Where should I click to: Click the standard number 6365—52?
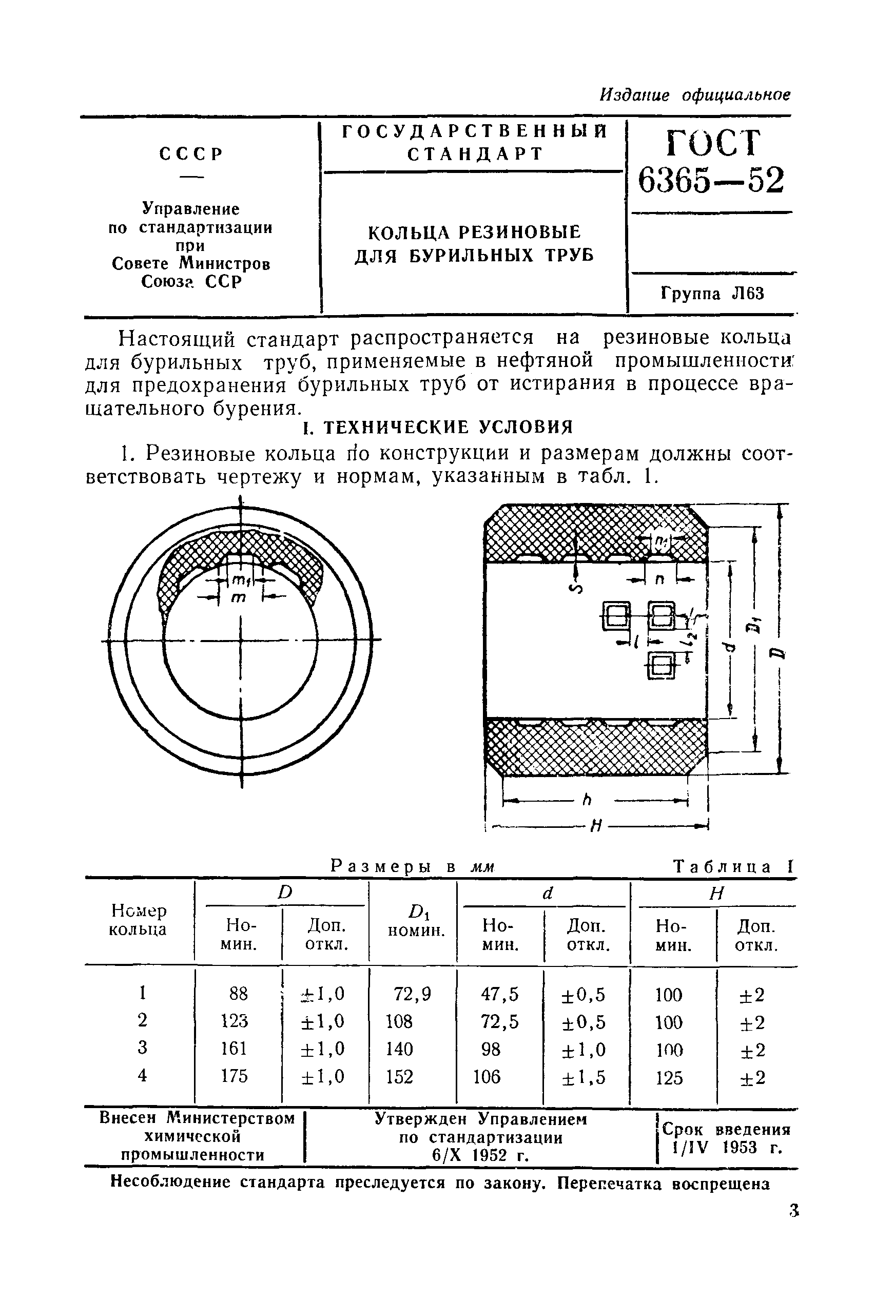tap(711, 180)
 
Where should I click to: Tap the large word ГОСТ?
tap(713, 143)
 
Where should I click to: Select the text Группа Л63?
tap(712, 294)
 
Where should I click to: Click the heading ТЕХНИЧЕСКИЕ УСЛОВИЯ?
tap(438, 428)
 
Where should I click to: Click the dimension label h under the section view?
tap(587, 801)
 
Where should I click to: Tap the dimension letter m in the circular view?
tap(239, 597)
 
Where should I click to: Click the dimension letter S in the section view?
tap(576, 588)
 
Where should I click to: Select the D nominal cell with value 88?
tap(239, 994)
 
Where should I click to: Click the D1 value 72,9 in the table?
tap(413, 994)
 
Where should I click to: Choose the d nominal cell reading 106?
tap(487, 1077)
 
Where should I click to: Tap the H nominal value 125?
tap(669, 1078)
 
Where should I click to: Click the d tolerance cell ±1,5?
tap(584, 1077)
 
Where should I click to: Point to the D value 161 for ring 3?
tap(234, 1049)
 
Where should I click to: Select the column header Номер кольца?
tap(139, 920)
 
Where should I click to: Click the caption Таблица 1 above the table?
tap(732, 867)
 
